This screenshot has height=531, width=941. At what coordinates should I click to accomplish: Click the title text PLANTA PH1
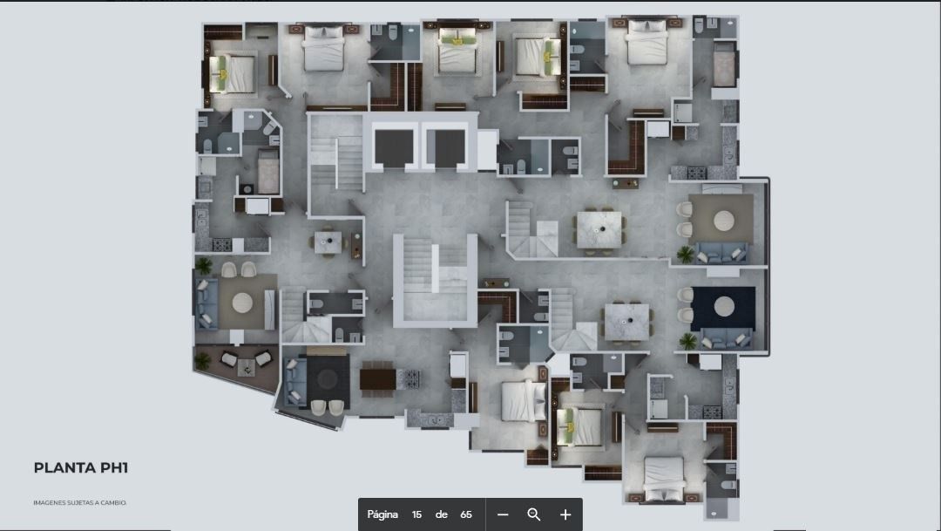pos(81,468)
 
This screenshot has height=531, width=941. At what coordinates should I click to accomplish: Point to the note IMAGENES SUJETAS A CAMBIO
pos(80,503)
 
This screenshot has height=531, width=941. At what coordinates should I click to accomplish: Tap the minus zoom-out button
pos(503,514)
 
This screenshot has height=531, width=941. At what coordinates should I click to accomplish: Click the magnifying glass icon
pos(533,514)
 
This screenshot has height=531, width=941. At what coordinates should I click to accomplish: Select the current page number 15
pos(416,514)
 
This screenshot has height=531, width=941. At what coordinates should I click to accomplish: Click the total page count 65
pos(465,514)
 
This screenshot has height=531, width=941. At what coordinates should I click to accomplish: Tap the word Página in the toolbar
pos(382,514)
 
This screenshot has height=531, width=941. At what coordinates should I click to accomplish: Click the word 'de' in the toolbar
pos(441,514)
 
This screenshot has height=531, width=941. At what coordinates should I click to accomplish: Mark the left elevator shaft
pos(394,148)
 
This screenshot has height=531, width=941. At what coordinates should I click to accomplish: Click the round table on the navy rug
pos(724,306)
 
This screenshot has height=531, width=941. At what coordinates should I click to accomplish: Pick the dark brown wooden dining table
pos(377,379)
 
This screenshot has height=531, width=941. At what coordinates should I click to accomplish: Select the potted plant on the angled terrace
pos(203,360)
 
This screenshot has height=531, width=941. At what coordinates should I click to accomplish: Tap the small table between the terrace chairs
pos(246,367)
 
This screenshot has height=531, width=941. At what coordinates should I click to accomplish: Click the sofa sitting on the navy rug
pos(725,339)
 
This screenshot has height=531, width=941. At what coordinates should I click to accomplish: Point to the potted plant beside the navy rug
pos(687,341)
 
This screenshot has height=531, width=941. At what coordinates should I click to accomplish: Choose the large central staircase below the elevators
pos(435,281)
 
